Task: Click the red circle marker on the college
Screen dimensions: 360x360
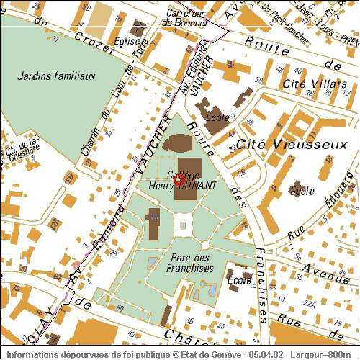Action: (x=180, y=180)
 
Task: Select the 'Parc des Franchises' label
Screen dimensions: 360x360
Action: (x=192, y=262)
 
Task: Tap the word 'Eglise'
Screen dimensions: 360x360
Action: (x=127, y=42)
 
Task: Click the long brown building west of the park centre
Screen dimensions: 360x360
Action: (x=153, y=226)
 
